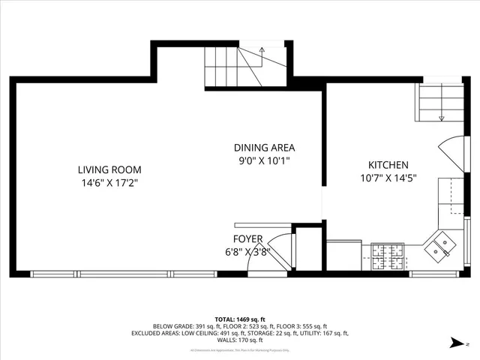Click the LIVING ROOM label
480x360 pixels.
pos(110,169)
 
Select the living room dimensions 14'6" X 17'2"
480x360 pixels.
pos(110,182)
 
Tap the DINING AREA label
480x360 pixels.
pos(263,148)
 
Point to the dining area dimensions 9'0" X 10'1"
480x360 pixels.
pos(263,160)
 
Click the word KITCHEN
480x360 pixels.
pos(388,165)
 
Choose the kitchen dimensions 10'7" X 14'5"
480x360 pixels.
pos(388,178)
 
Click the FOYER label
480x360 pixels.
pos(247,239)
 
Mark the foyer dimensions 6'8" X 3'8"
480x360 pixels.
pos(247,252)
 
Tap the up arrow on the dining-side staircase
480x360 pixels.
pos(262,50)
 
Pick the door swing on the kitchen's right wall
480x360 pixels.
pos(454,153)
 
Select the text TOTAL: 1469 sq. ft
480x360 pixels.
pos(239,319)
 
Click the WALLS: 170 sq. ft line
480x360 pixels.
pos(239,339)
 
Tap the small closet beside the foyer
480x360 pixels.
pos(308,247)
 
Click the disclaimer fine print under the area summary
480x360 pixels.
pos(239,349)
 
